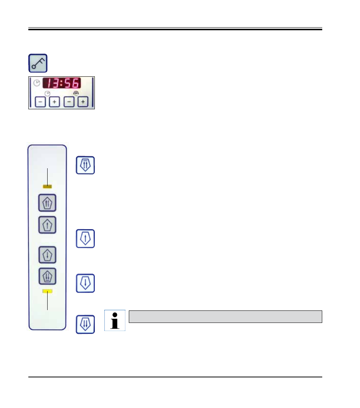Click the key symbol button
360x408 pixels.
coord(38,63)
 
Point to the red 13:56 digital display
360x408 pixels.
coord(62,83)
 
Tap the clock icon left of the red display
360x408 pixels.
coord(37,83)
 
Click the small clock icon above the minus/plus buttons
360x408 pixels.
coord(47,93)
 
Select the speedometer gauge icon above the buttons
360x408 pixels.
coord(76,93)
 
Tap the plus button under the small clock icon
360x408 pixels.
coord(54,102)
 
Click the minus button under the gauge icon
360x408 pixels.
coord(69,102)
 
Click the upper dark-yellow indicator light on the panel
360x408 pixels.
coord(47,186)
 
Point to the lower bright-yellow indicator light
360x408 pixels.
coord(47,291)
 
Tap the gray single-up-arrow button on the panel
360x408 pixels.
coord(47,225)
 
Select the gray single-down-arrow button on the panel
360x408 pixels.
coord(47,255)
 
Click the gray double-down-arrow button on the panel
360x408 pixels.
coord(47,276)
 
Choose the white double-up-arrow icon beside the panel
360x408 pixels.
coord(85,165)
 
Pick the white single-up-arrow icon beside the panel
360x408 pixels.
coord(85,239)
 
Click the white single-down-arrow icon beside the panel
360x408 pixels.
coord(85,283)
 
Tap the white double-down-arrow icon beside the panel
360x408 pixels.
coord(85,324)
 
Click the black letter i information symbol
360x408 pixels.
coord(114,321)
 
